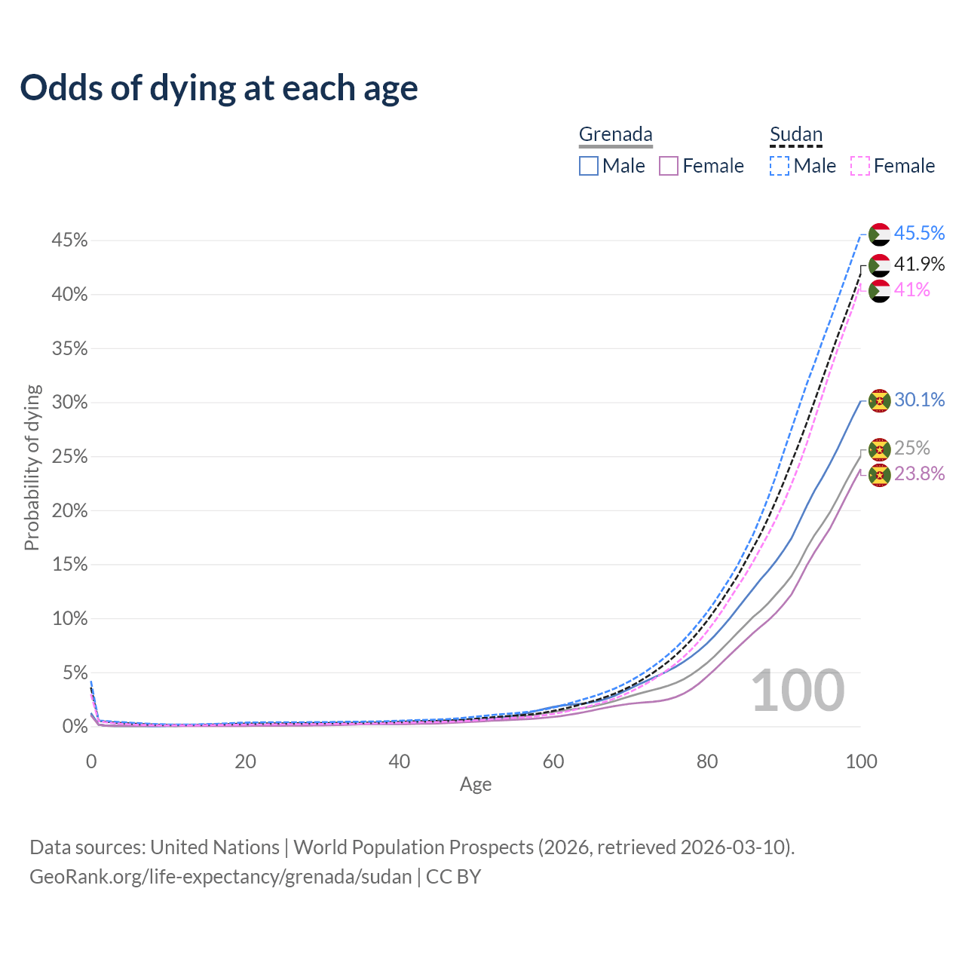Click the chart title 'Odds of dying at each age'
219,88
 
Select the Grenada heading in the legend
615,134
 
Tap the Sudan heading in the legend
795,134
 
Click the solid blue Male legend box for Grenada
589,166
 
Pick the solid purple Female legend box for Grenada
669,166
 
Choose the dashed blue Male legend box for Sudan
780,166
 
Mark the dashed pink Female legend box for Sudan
860,166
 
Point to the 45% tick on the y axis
69,240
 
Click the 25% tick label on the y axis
69,457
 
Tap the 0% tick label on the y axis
75,727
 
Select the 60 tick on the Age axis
553,761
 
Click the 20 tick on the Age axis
245,761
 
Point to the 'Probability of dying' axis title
32,467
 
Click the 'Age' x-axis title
476,785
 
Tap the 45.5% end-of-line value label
919,234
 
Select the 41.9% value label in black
919,265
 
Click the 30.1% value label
919,400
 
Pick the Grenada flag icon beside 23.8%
879,475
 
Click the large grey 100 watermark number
798,691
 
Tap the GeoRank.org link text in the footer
220,877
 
